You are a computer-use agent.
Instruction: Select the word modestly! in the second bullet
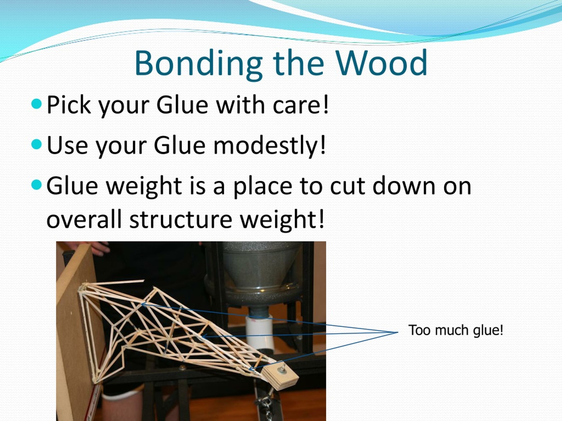pos(269,145)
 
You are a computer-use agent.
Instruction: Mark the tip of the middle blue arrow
pos(202,337)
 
